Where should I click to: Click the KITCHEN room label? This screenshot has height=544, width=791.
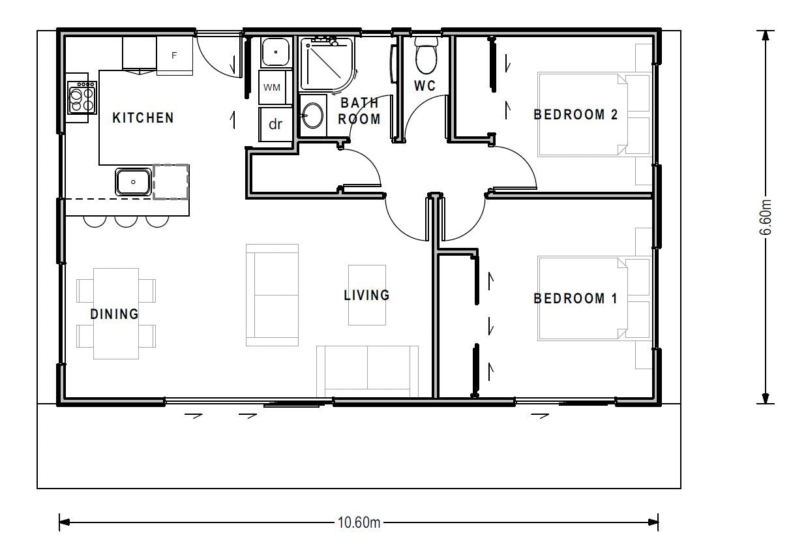143,118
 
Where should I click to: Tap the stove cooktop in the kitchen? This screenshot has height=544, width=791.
82,98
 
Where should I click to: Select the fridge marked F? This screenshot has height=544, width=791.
174,56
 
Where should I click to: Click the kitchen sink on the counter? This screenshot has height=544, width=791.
134,181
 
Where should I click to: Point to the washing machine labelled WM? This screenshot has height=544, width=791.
273,87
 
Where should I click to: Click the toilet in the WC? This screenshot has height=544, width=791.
426,57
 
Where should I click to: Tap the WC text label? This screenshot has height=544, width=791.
425,86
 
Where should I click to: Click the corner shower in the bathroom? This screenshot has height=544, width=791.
326,64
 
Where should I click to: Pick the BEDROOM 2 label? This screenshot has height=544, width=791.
576,115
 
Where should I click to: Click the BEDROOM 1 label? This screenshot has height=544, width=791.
575,299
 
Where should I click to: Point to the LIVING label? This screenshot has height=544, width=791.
366,295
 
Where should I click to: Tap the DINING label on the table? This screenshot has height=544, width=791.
115,314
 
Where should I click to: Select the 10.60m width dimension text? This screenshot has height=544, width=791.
359,522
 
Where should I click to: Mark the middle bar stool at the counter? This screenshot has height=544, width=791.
126,221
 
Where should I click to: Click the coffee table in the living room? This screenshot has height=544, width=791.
366,295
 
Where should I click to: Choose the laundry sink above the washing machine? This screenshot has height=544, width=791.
275,52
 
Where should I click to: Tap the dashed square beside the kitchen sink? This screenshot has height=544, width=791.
171,181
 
